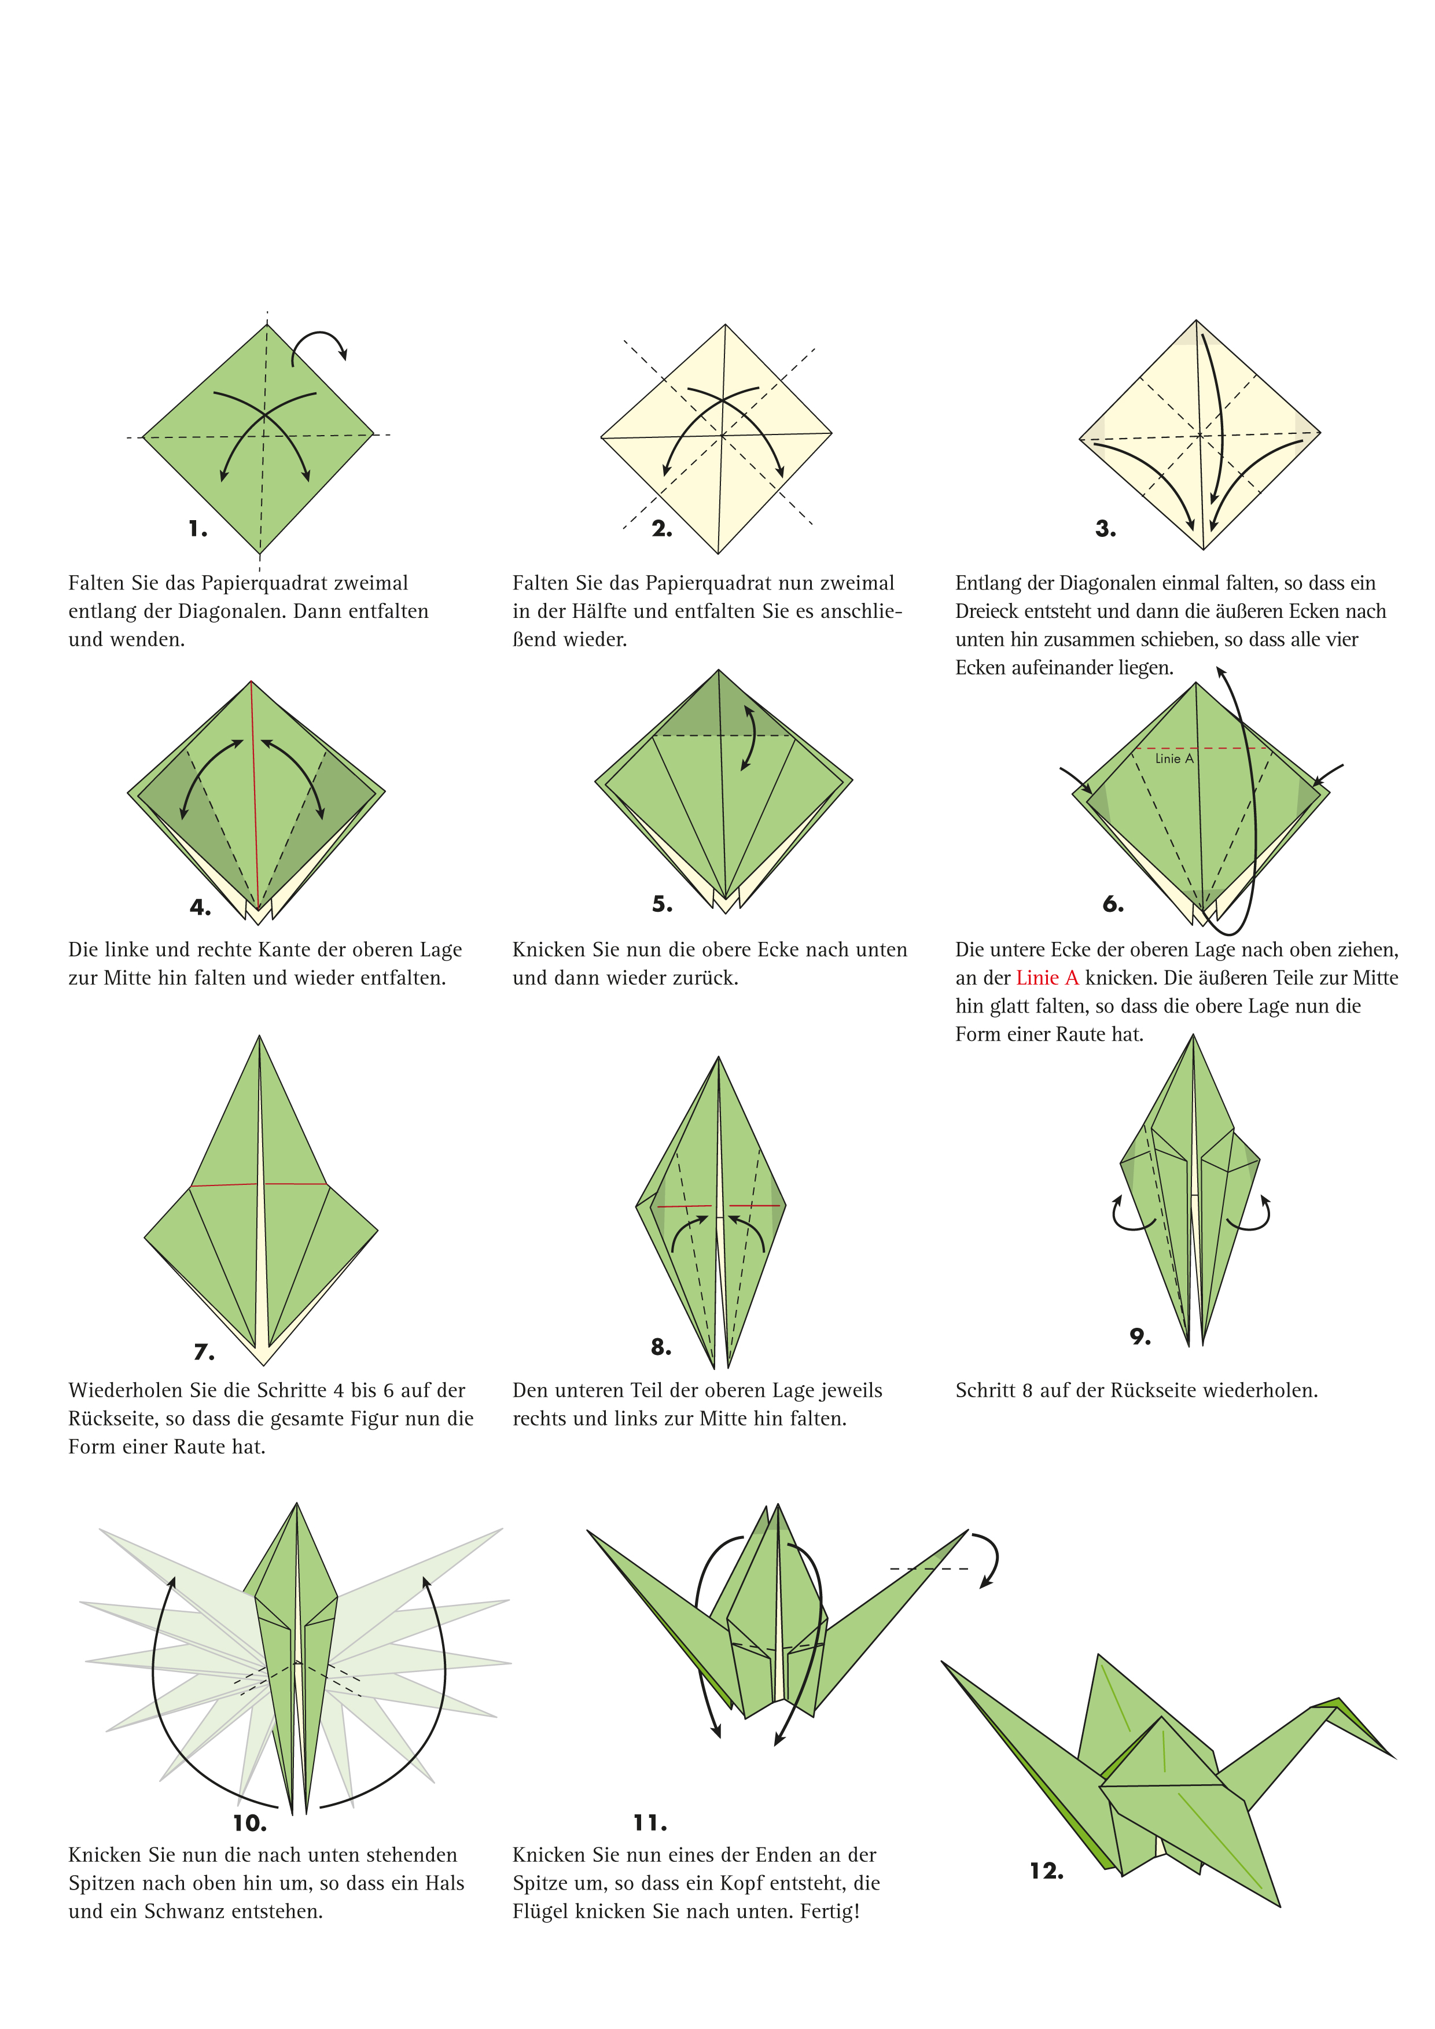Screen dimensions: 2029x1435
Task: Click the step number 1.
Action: tap(198, 529)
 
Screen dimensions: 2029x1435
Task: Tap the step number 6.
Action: tap(1113, 904)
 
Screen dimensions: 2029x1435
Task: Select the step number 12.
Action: tap(1046, 1871)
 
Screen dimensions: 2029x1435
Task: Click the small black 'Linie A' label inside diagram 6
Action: tap(1173, 759)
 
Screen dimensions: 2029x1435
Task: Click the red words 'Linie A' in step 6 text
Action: tap(1047, 978)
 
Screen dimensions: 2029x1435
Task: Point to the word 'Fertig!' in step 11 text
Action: tap(830, 1912)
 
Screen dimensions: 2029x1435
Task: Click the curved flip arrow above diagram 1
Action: tap(320, 345)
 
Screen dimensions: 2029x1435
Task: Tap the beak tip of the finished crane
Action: tap(1393, 1757)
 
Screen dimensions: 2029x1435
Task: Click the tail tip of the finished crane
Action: tap(944, 1662)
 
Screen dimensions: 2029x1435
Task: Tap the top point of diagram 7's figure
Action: tap(260, 1037)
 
